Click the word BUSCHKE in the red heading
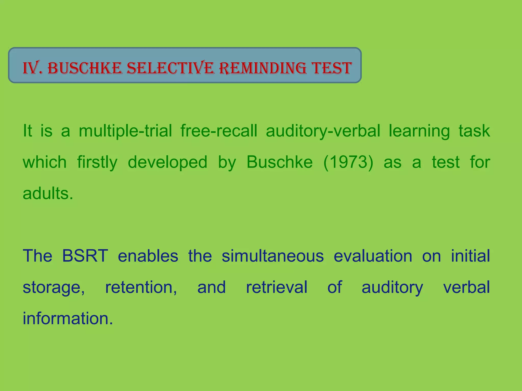(85, 68)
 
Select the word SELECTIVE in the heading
(171, 68)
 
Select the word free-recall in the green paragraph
(219, 131)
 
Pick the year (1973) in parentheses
(348, 162)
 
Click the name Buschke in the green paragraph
(280, 162)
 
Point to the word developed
(167, 162)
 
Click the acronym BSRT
(85, 256)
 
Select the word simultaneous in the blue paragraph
(273, 256)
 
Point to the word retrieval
(277, 287)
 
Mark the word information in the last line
(68, 318)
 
